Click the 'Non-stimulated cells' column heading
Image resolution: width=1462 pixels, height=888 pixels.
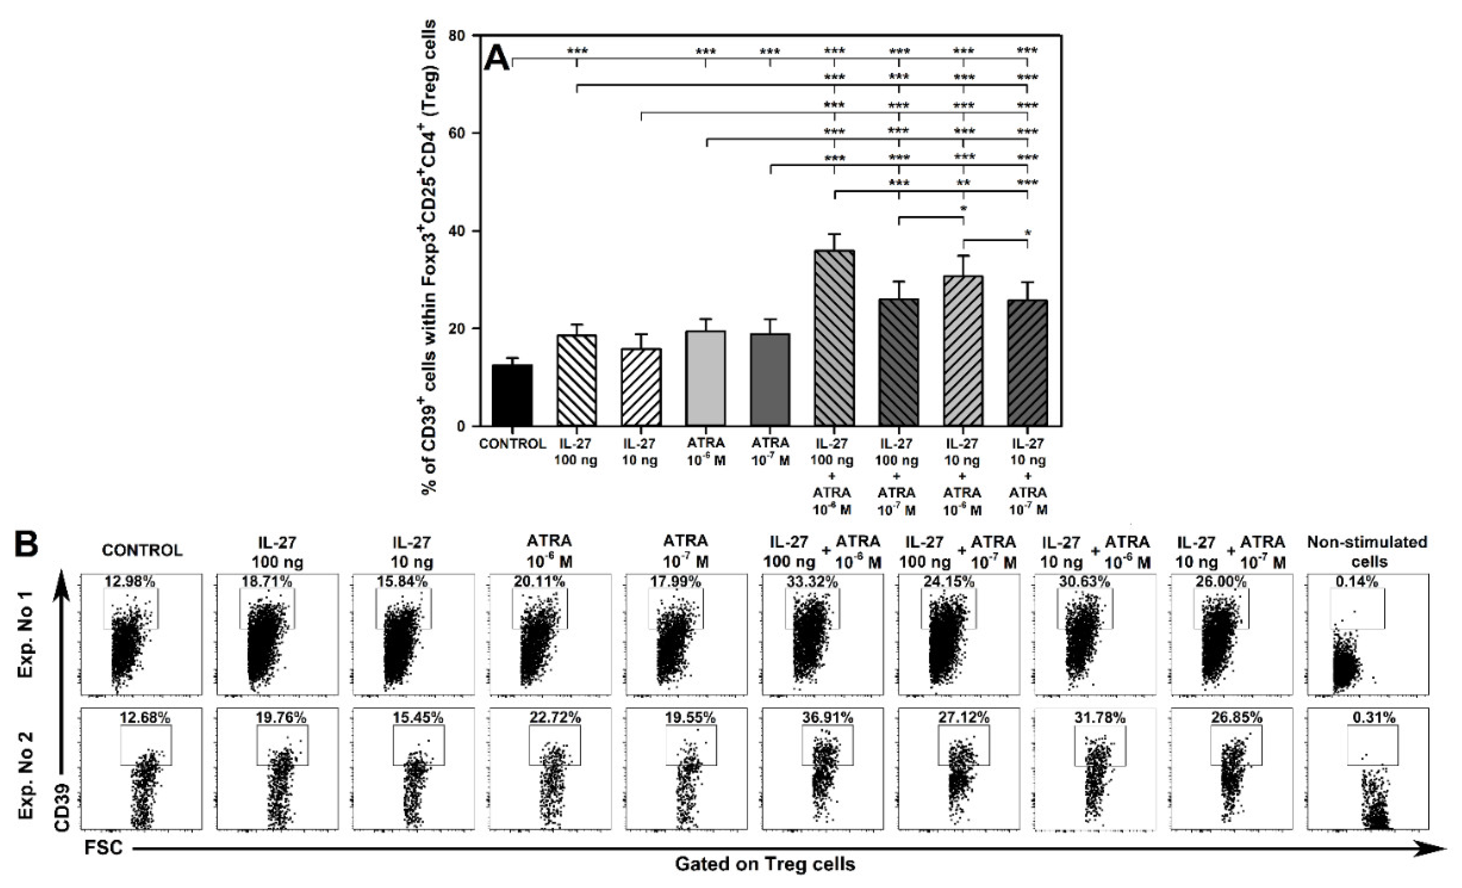(1367, 552)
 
